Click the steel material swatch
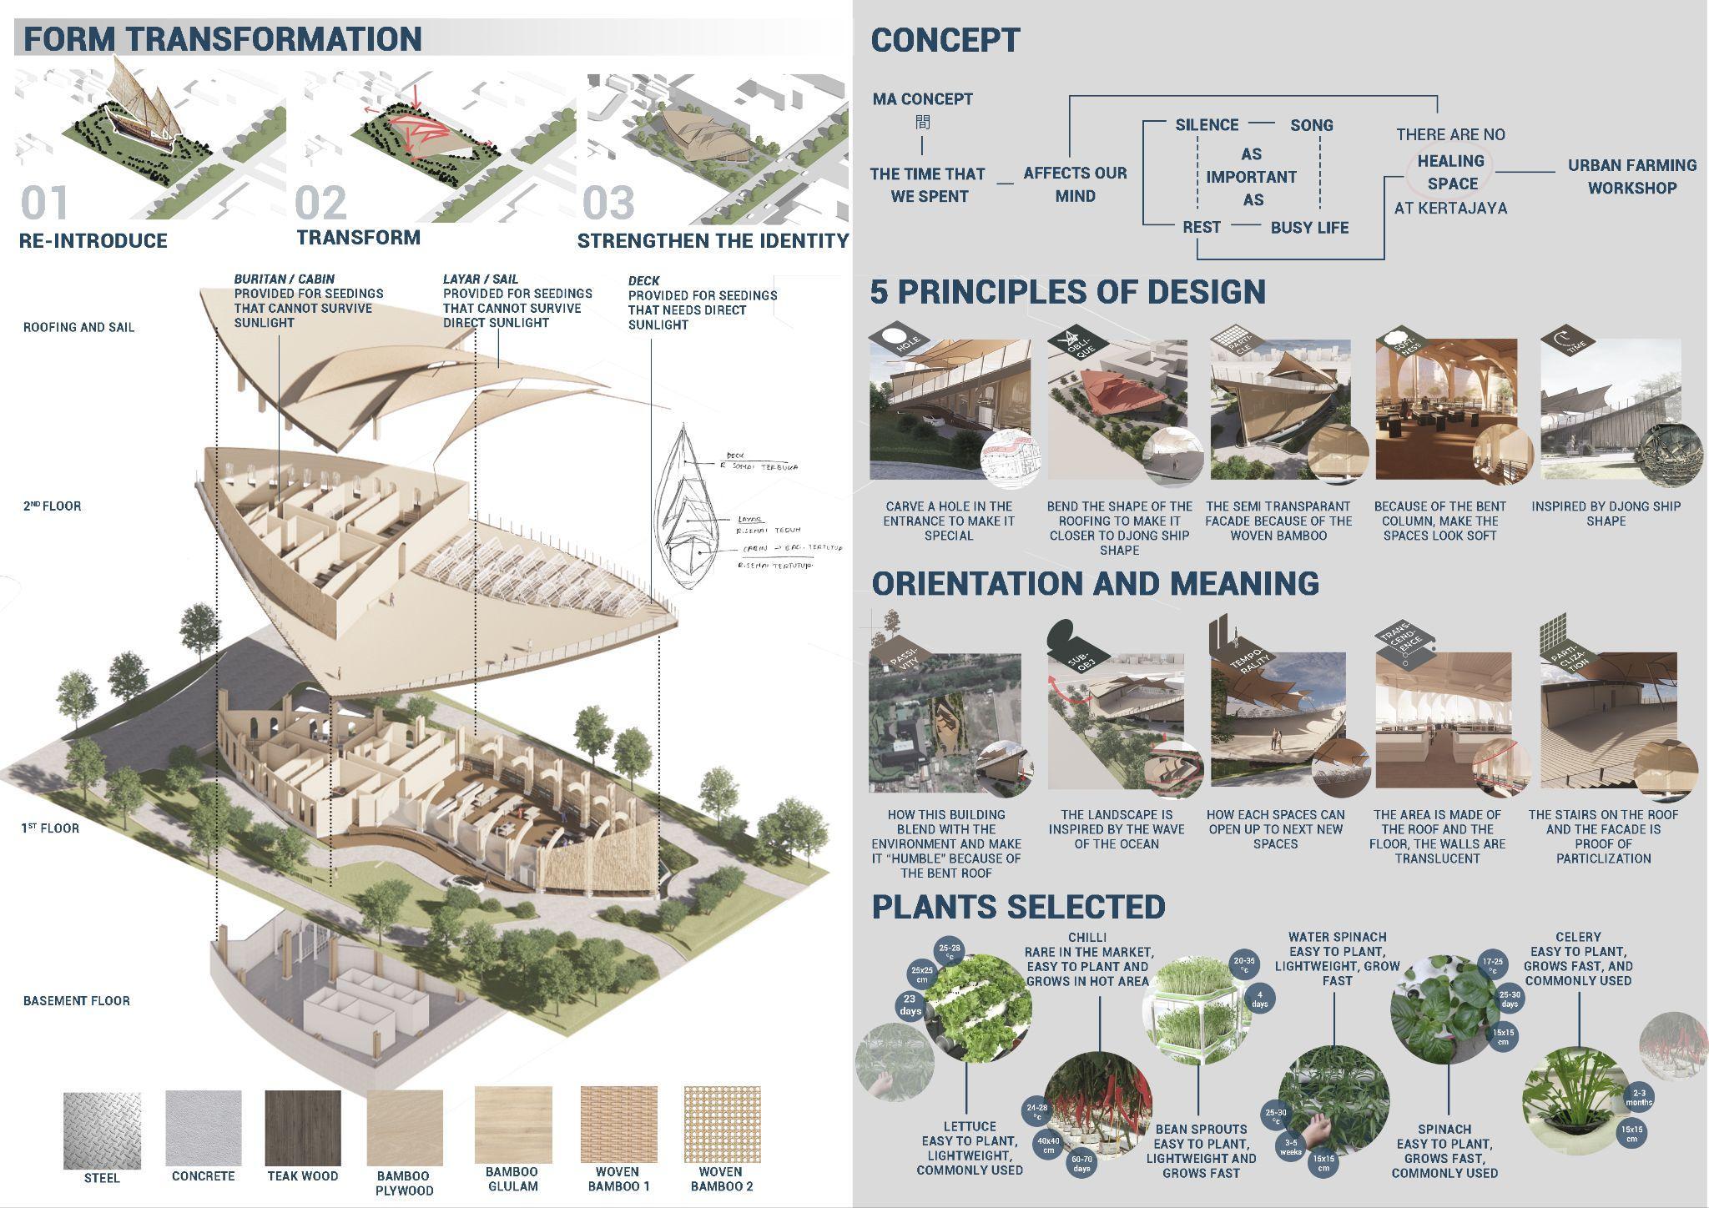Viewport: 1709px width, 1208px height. (x=102, y=1131)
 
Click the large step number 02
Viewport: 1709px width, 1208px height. (x=321, y=203)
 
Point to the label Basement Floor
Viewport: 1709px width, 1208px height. (x=76, y=1000)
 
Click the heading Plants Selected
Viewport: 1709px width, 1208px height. (x=1018, y=907)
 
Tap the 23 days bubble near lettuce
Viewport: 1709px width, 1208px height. (x=910, y=1004)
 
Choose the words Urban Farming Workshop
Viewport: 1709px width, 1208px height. (x=1631, y=177)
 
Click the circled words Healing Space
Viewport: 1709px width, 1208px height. (x=1452, y=172)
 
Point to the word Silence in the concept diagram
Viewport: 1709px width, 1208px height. (x=1207, y=125)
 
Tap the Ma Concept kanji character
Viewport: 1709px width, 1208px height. (x=922, y=123)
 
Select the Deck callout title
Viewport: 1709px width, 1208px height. (x=644, y=281)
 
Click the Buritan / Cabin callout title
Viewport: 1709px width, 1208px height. (x=284, y=279)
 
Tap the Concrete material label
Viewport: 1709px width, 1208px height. (x=203, y=1176)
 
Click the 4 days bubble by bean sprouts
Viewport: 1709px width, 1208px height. (x=1259, y=999)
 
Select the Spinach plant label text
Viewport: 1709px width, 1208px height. (x=1444, y=1129)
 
